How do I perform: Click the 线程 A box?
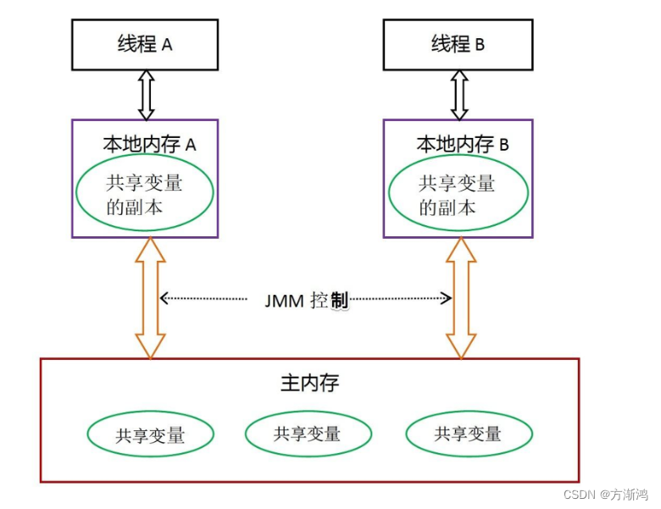coord(145,45)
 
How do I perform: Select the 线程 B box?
coord(458,45)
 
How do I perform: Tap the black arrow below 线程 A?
coord(146,94)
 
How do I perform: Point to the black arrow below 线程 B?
coord(458,94)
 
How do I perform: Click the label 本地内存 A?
coord(149,144)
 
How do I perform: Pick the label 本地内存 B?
coord(463,144)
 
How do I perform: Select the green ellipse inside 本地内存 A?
coord(145,194)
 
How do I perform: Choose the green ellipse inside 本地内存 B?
coord(458,194)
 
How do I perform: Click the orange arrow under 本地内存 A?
coord(150,297)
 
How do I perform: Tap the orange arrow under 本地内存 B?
coord(462,297)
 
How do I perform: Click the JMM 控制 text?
coord(306,300)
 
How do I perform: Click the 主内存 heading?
coord(310,383)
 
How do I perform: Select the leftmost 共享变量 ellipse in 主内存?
coord(150,435)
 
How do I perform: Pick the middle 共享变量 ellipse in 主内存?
coord(308,434)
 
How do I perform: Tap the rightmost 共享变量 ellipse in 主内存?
coord(469,434)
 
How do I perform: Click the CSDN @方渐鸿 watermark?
coord(605,494)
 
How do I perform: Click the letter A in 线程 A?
coord(167,45)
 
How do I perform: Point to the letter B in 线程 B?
coord(480,45)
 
